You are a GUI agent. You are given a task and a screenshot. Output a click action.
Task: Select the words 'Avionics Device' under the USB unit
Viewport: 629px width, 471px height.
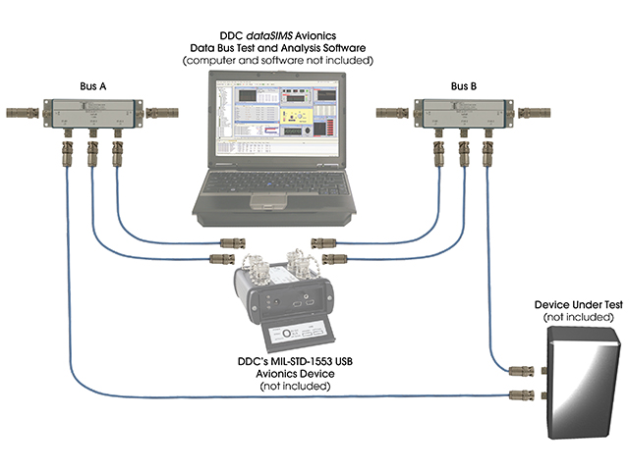click(294, 375)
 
